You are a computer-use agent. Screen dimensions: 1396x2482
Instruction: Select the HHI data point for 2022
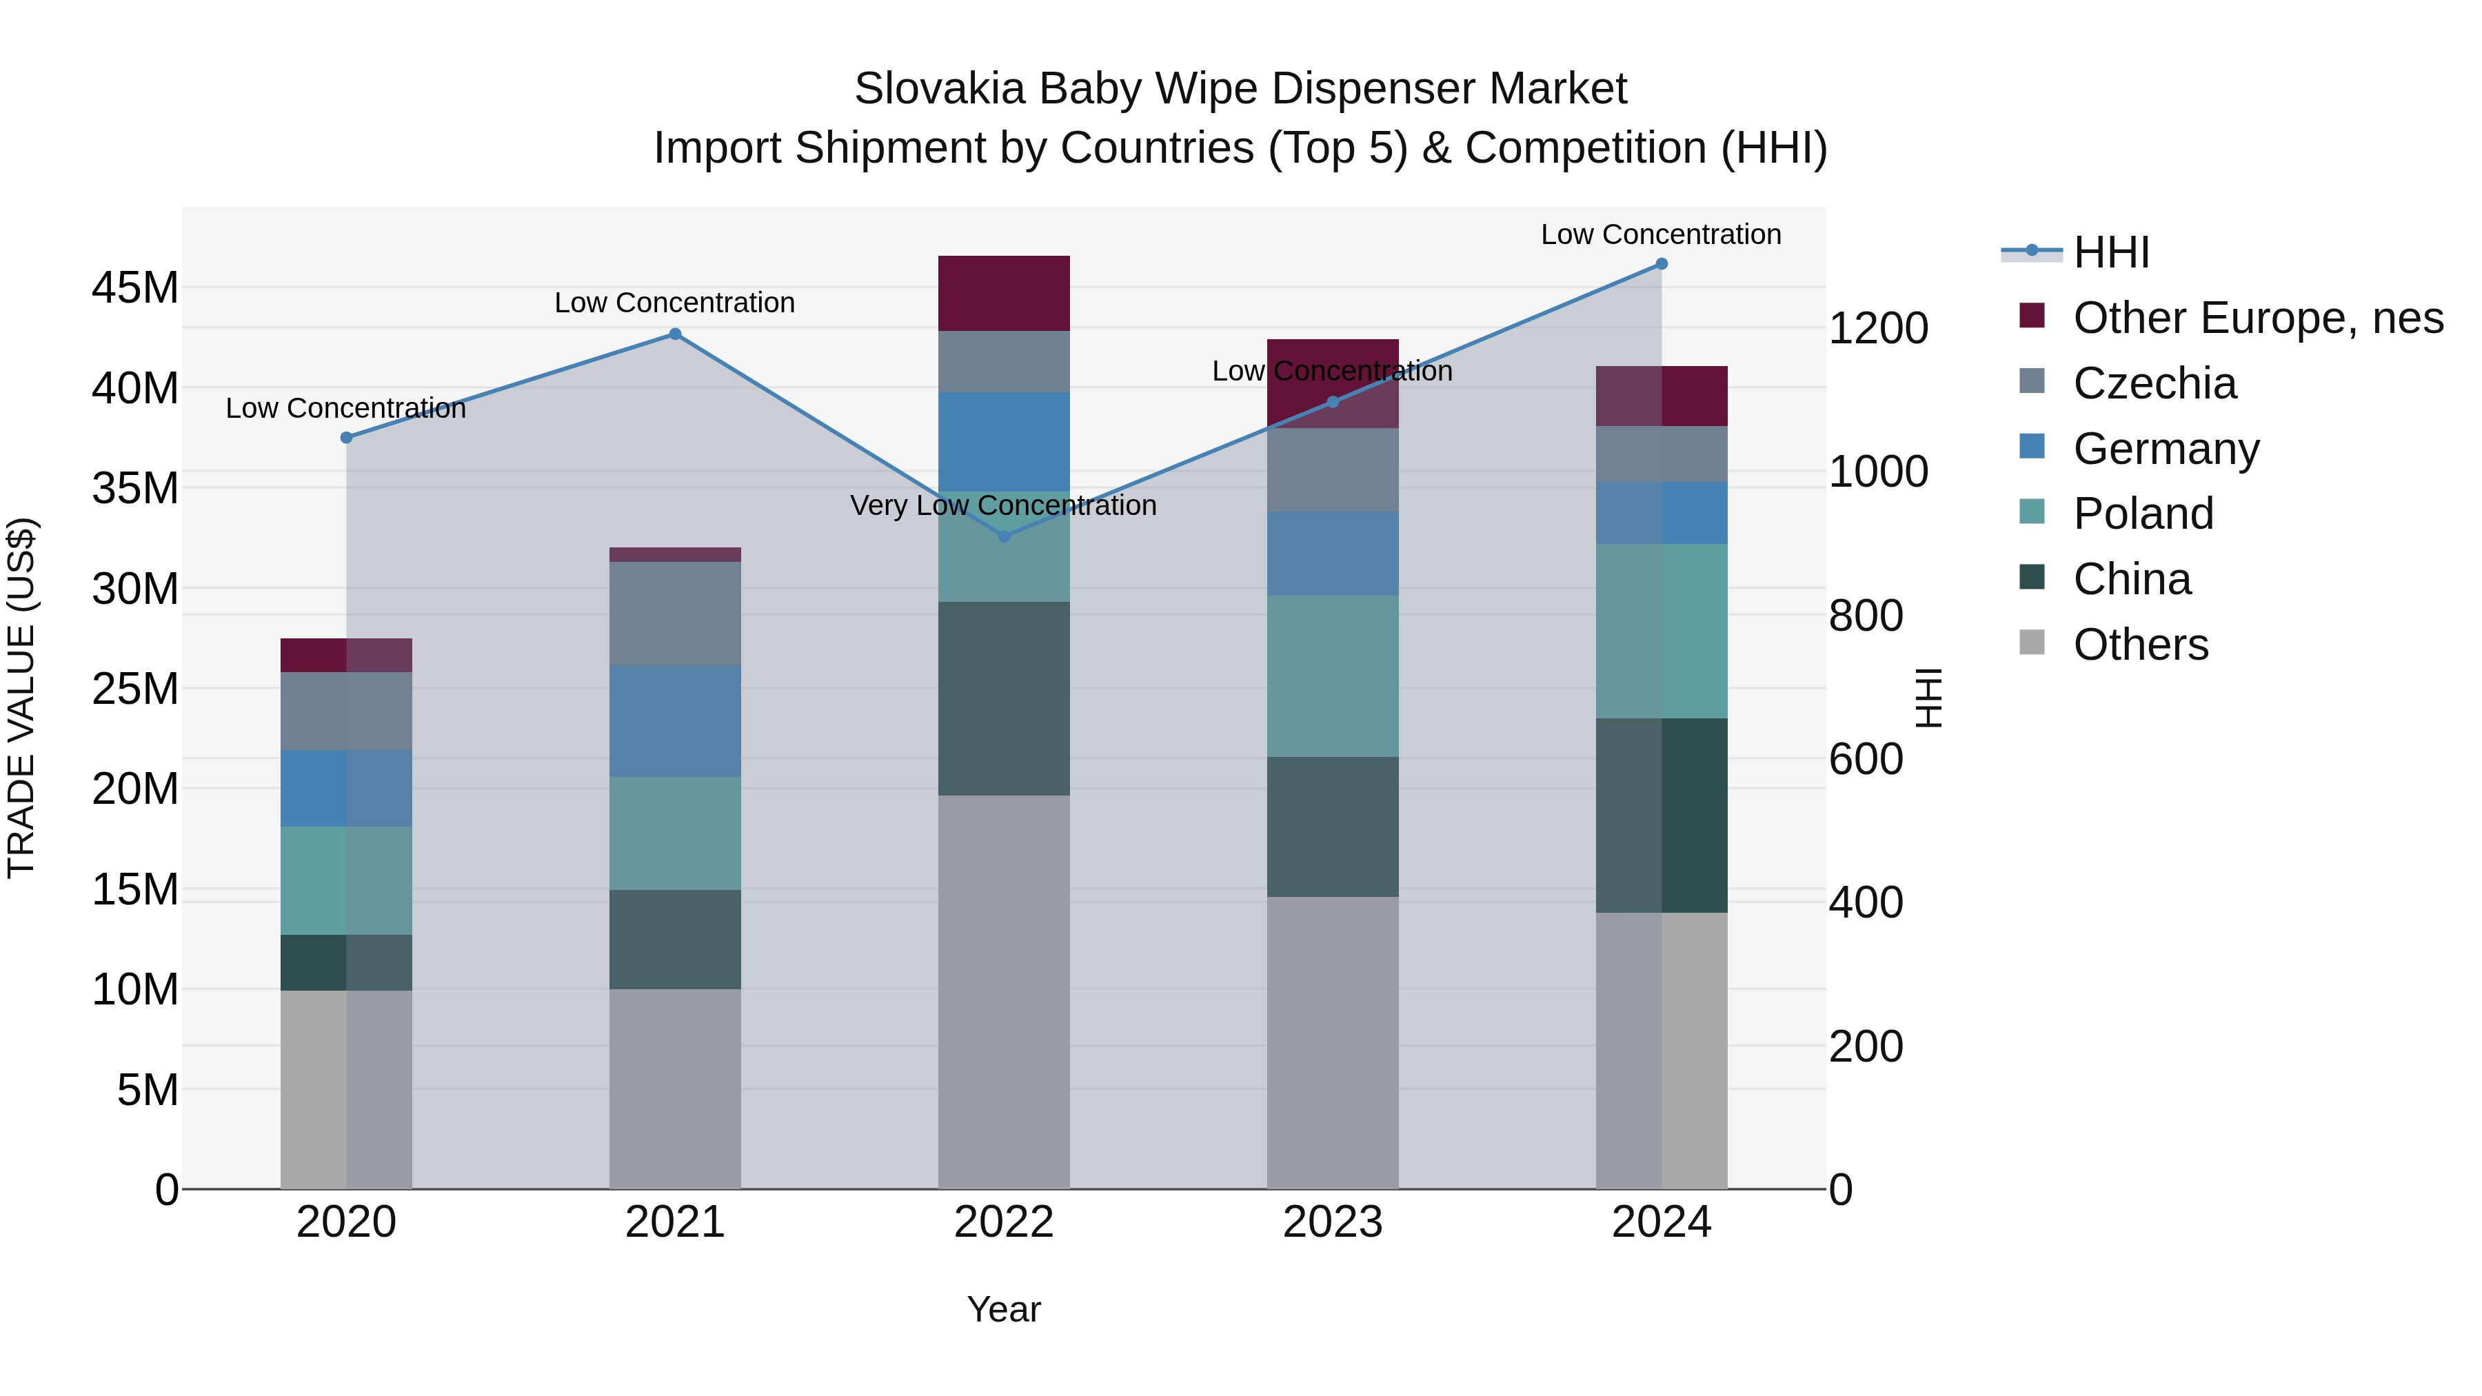pos(1004,536)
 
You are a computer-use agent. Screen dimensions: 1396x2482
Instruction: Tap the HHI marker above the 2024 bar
pos(1661,264)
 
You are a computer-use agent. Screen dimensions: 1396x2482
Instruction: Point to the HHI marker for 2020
pos(347,437)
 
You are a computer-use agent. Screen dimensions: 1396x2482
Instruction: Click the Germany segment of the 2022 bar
pos(1004,441)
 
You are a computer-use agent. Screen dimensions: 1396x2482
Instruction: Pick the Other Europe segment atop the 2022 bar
pos(1004,293)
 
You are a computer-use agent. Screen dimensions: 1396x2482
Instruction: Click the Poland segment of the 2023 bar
pos(1333,676)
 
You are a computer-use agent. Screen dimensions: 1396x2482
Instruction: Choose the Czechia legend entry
pos(2155,383)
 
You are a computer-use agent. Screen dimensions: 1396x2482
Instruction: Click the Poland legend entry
pos(2143,514)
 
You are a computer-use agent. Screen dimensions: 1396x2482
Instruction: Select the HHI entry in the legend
pos(2110,252)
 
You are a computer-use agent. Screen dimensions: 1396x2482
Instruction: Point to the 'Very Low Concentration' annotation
pos(1003,506)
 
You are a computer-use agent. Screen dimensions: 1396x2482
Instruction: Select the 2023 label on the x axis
pos(1333,1222)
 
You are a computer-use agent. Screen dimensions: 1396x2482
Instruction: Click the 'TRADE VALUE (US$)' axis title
pos(22,698)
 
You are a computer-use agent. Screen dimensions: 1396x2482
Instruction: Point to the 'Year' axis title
pos(1004,1309)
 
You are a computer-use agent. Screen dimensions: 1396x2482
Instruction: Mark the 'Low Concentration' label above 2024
pos(1661,234)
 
